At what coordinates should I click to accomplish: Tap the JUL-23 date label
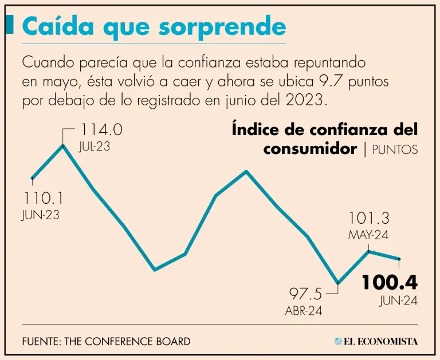coord(94,147)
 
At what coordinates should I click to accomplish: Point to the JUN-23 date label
coord(41,215)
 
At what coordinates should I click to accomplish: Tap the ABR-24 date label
coord(304,311)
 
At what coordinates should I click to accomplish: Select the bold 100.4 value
coord(389,283)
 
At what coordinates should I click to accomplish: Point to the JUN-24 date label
coord(398,301)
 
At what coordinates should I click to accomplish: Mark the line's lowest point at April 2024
coord(339,283)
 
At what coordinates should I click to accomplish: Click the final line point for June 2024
coord(399,259)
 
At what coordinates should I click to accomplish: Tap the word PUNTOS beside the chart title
coord(395,151)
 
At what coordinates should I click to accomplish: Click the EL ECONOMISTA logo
coord(376,341)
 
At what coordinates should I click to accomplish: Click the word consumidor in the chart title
coord(310,149)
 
